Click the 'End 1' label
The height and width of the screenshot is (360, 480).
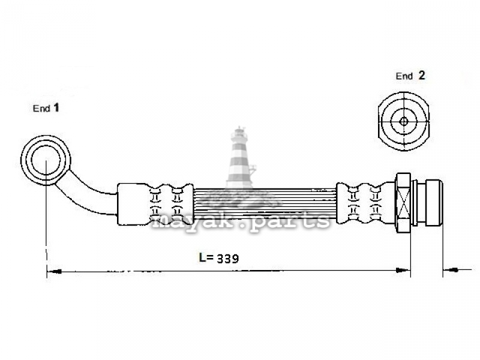point(46,108)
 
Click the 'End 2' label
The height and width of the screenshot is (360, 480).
point(410,76)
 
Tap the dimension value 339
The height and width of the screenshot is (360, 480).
point(228,259)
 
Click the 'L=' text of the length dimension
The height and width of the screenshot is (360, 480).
point(206,257)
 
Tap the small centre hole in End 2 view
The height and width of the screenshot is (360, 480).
point(404,122)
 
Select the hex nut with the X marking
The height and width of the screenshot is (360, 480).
point(403,203)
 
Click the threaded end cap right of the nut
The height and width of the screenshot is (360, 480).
point(433,203)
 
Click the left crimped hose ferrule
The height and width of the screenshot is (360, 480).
point(155,204)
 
